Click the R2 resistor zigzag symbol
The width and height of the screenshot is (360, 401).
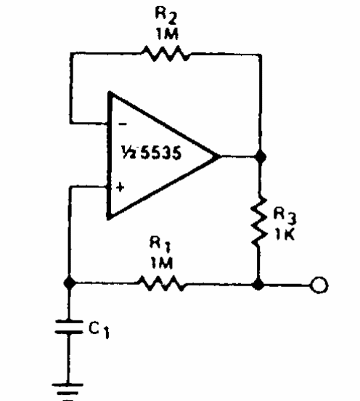pos(165,54)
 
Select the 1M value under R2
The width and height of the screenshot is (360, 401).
pos(167,33)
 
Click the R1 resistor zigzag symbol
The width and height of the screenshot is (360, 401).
pos(161,283)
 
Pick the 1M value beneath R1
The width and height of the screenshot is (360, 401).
pos(162,262)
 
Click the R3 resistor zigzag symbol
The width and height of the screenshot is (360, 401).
pos(259,222)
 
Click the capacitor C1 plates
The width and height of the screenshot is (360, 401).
pos(68,327)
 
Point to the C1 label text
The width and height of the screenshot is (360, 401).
pos(99,330)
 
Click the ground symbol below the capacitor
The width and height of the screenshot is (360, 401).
pos(67,392)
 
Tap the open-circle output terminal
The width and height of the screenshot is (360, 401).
pos(319,285)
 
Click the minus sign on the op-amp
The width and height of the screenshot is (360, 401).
pos(123,124)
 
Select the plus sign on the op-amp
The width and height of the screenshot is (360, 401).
pos(120,187)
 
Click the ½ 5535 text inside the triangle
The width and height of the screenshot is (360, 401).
pos(151,153)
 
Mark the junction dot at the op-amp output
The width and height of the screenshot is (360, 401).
pos(261,156)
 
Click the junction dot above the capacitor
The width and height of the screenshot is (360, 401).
pos(69,283)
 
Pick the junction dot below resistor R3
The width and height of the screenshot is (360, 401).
pos(258,284)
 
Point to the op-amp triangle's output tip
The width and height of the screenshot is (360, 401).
pos(220,156)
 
